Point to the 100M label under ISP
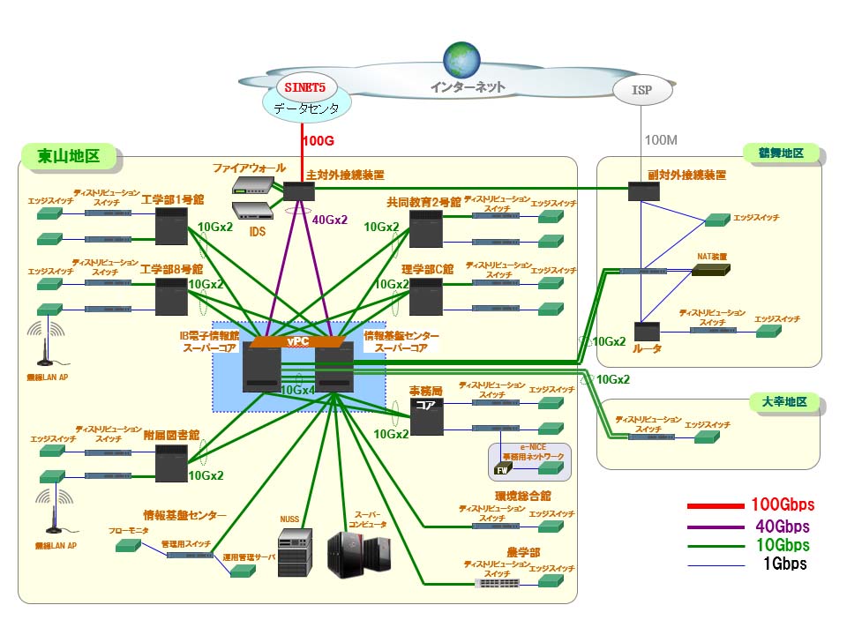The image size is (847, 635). [x=662, y=140]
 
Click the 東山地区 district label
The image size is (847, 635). [x=68, y=158]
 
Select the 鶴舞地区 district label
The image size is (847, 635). [x=780, y=153]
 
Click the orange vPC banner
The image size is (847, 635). [x=296, y=341]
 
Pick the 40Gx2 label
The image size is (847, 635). [x=330, y=220]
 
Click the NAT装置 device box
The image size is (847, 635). [x=710, y=271]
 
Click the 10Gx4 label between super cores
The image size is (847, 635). [x=298, y=389]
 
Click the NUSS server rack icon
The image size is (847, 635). [x=295, y=553]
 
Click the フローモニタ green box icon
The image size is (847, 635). [x=127, y=546]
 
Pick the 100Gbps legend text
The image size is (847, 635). [x=782, y=505]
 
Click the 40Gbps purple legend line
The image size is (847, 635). [x=714, y=527]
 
